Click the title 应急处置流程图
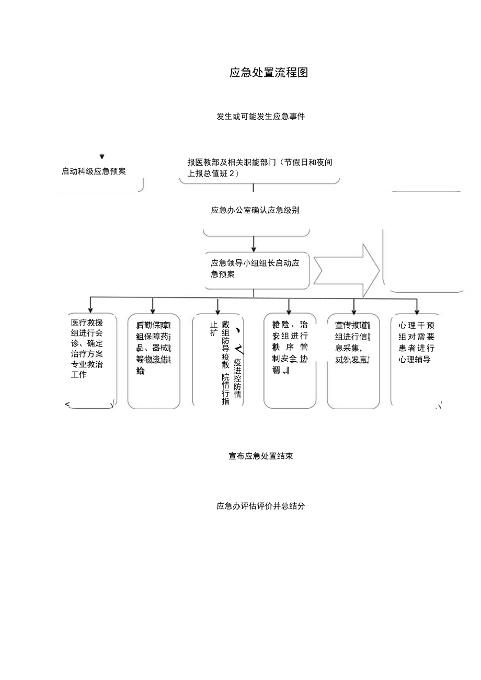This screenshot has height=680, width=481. click(x=269, y=73)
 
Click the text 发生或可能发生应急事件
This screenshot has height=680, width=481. click(x=260, y=117)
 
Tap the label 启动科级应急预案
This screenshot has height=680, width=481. click(x=94, y=171)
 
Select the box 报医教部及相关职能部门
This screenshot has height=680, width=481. click(x=260, y=168)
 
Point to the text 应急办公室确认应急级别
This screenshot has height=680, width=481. click(x=255, y=210)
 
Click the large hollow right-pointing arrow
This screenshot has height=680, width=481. click(x=346, y=270)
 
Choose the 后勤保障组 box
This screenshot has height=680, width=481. click(x=153, y=361)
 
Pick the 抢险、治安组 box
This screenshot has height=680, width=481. click(x=290, y=361)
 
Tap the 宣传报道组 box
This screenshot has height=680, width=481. click(x=353, y=361)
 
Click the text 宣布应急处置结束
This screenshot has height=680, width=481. click(x=260, y=456)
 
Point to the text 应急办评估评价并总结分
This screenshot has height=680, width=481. click(x=260, y=506)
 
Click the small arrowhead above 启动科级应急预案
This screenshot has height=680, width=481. click(x=102, y=156)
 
